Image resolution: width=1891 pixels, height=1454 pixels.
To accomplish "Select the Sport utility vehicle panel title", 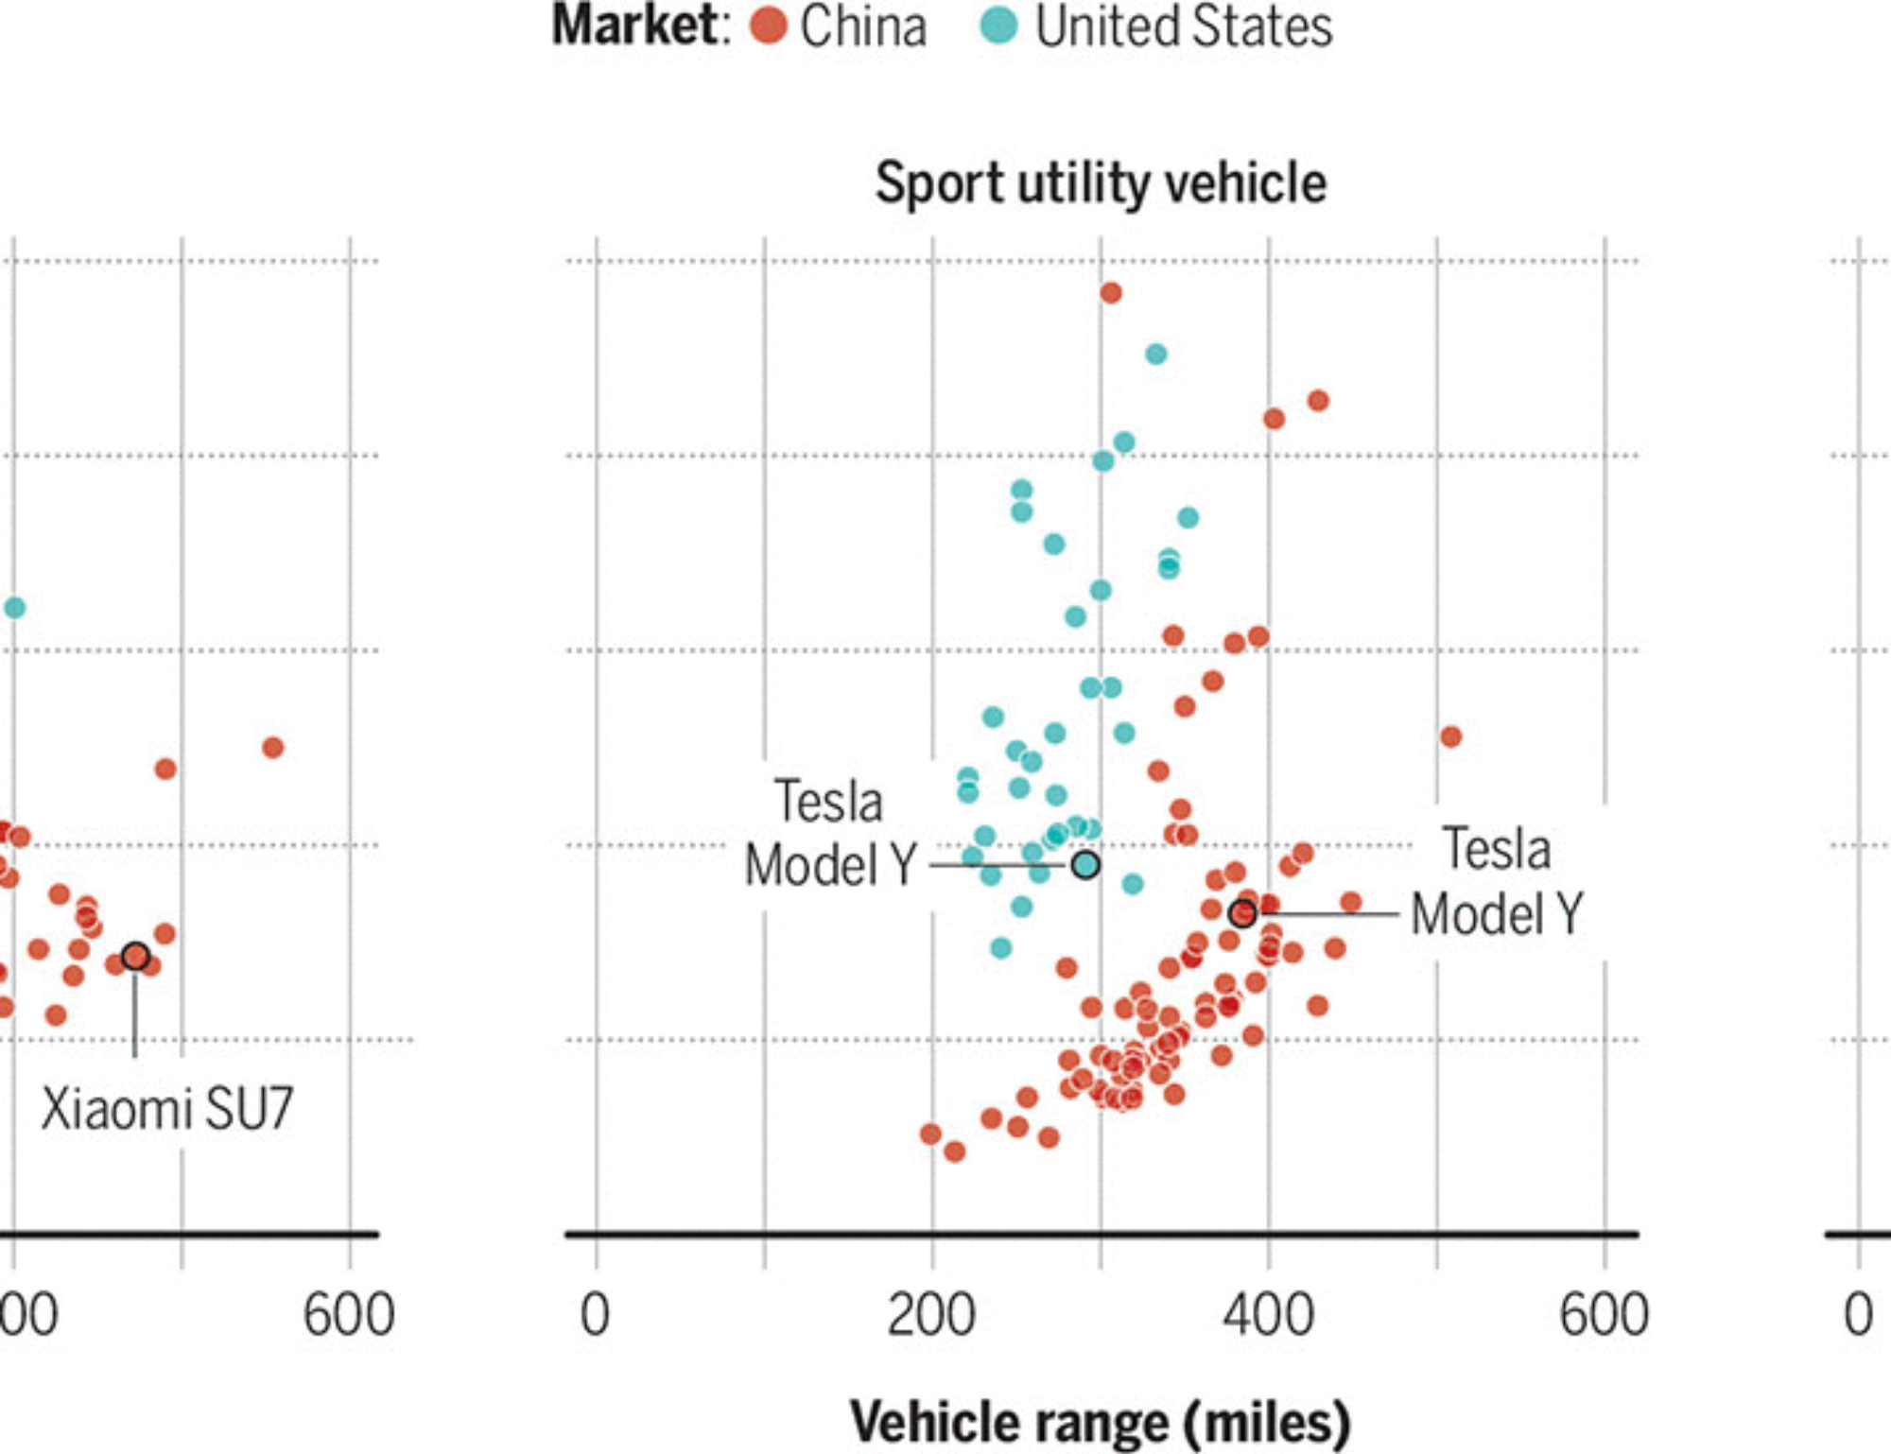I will [1101, 182].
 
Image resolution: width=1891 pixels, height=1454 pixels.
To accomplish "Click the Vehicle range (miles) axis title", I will [1101, 1422].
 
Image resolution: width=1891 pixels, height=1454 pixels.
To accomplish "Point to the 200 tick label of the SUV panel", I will [931, 1315].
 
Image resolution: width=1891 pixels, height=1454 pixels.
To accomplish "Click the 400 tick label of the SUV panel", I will [1268, 1315].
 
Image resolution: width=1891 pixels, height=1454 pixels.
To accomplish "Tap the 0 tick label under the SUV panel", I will [595, 1315].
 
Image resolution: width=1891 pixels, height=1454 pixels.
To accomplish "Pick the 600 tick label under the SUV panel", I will [1604, 1315].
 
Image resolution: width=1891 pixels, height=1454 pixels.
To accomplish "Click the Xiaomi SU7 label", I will [167, 1109].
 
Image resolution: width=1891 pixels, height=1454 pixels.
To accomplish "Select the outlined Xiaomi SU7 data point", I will [135, 956].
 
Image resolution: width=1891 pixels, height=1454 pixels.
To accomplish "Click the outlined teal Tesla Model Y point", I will [1085, 864].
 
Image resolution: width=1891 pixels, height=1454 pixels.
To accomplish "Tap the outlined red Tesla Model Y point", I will [1242, 913].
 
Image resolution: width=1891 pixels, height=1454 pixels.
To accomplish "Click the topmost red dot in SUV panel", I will [1111, 293].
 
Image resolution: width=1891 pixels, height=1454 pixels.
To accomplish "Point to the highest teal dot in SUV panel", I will [1155, 355].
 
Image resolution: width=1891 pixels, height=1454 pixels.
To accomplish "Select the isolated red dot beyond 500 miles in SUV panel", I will [1450, 736].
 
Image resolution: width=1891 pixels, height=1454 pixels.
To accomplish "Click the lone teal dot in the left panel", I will [14, 608].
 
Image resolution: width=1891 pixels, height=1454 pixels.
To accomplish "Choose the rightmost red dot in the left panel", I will [272, 748].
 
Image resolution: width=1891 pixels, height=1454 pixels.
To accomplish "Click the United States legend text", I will [1184, 26].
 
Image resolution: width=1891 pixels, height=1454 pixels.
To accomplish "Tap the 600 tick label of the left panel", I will [348, 1315].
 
